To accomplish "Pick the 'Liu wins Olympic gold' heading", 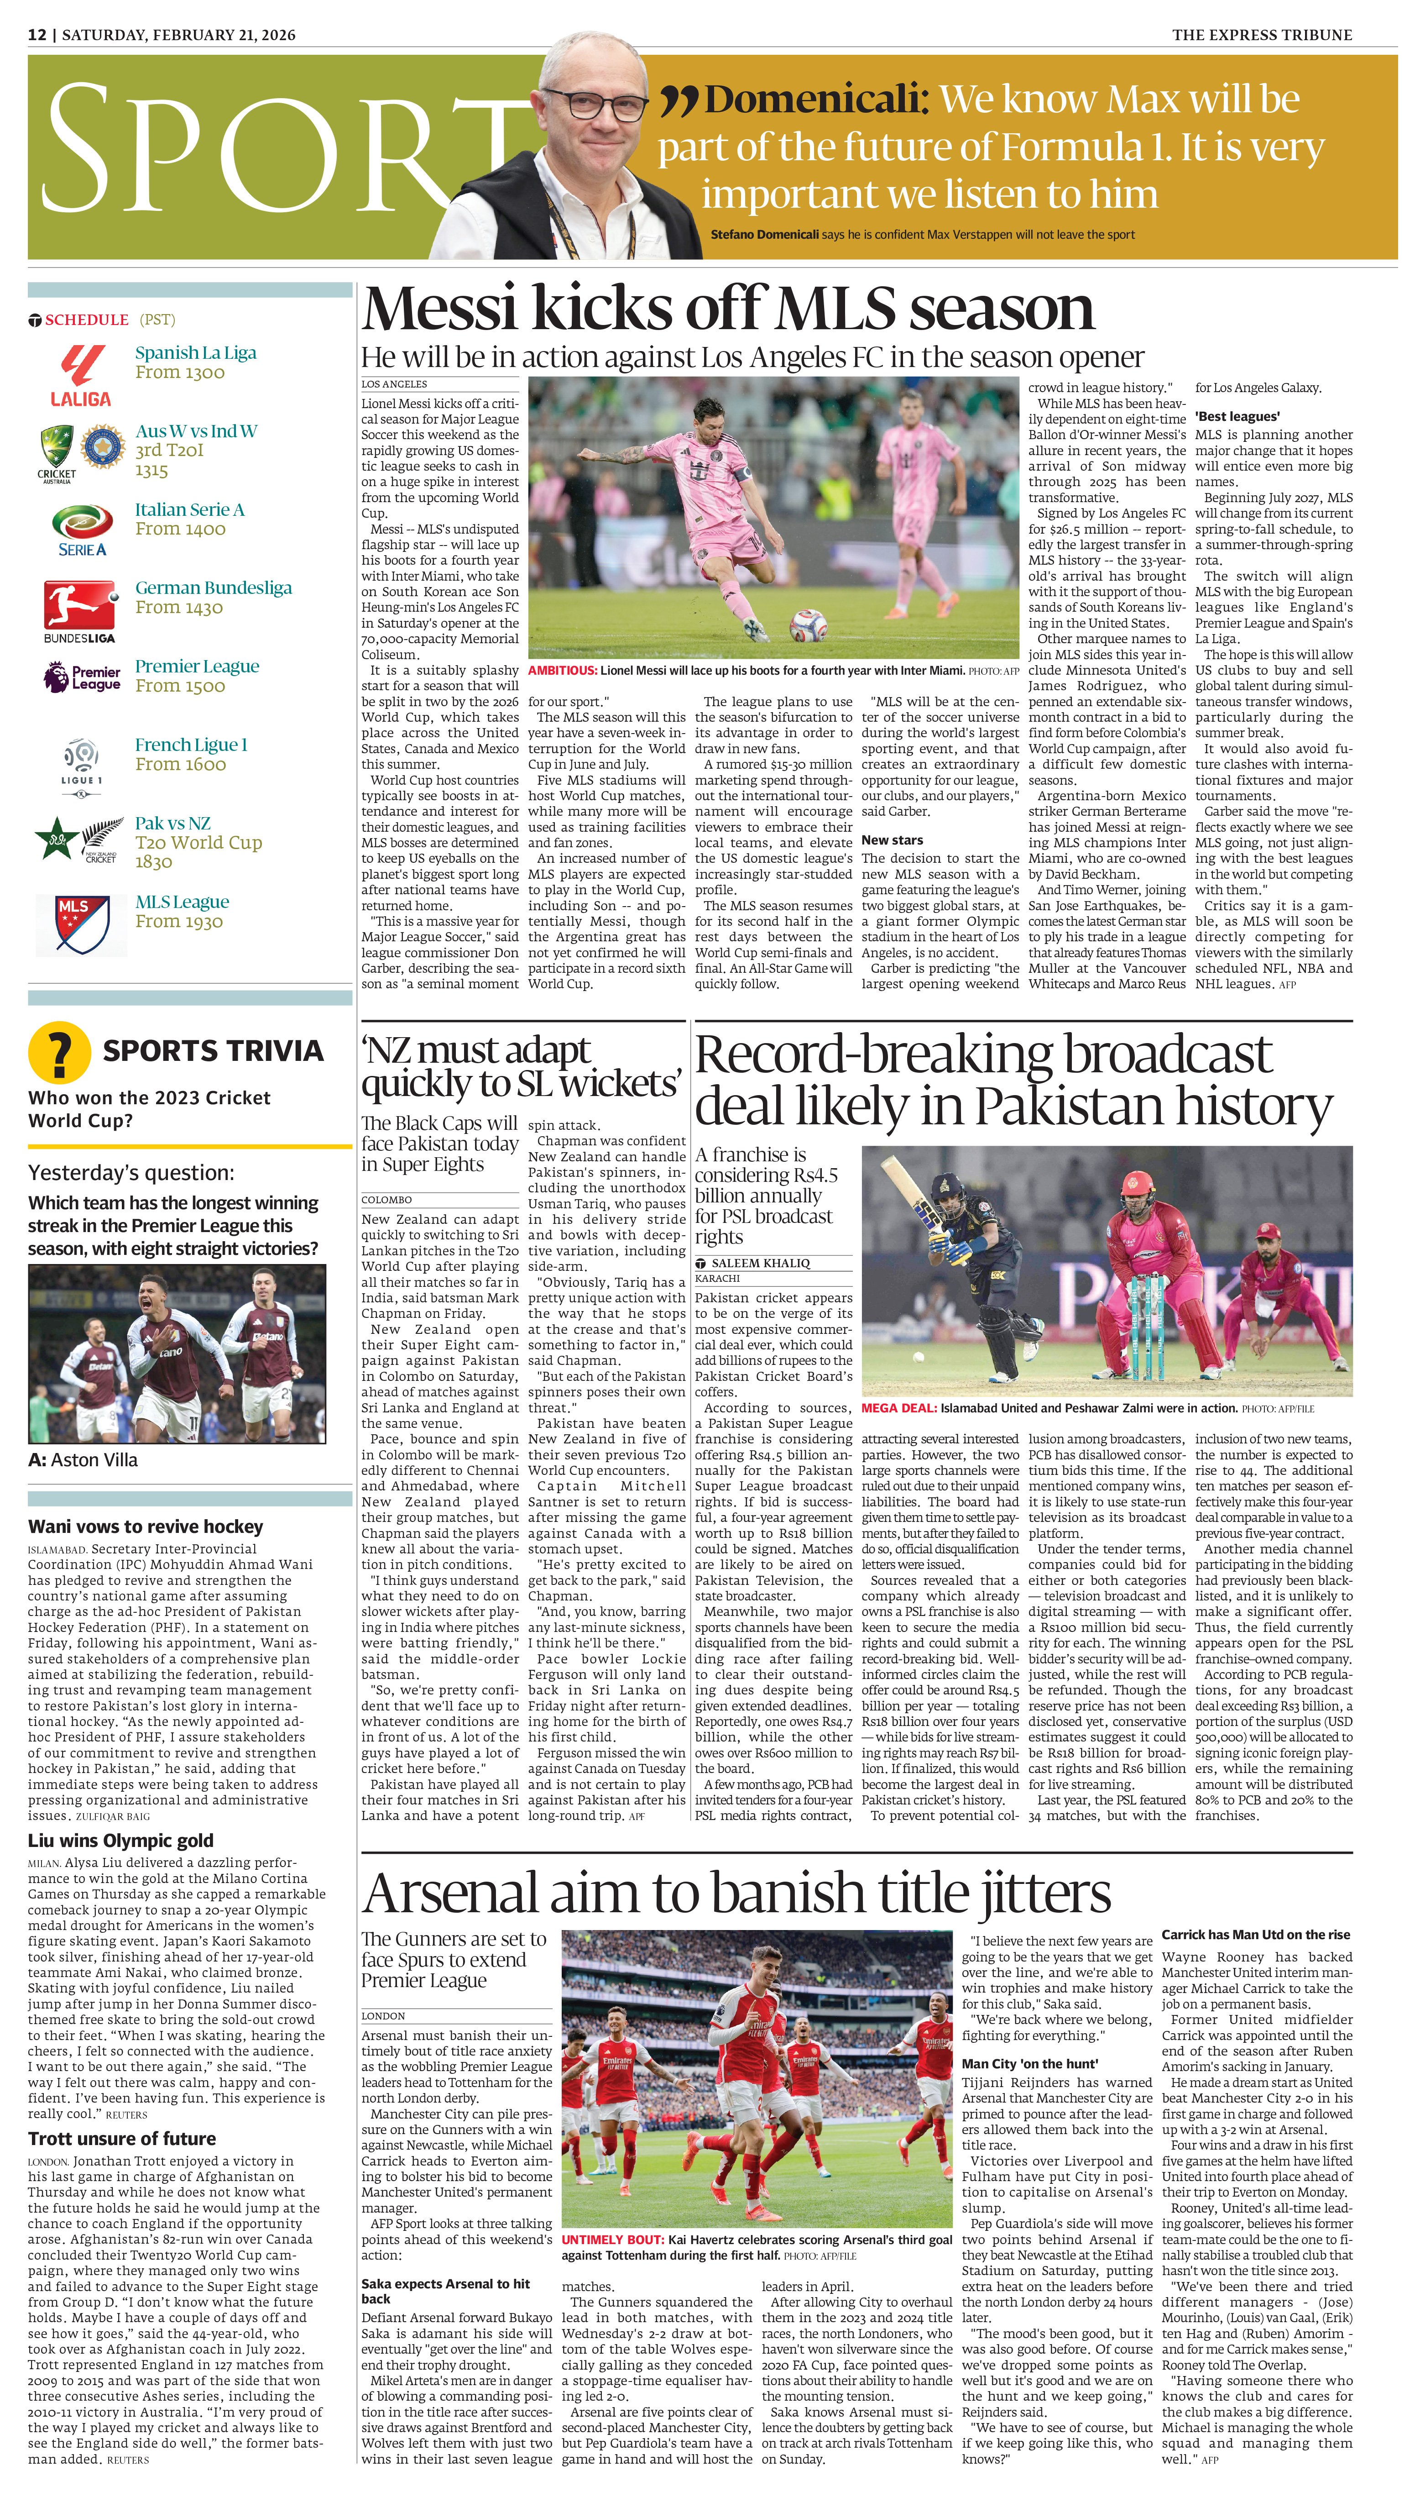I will (x=120, y=1840).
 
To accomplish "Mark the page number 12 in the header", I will (x=37, y=35).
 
